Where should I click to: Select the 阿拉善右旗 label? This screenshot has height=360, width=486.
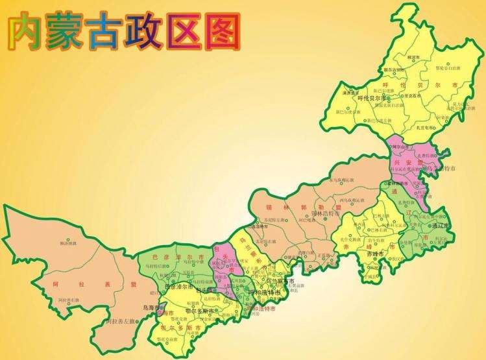pyautogui.click(x=68, y=300)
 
